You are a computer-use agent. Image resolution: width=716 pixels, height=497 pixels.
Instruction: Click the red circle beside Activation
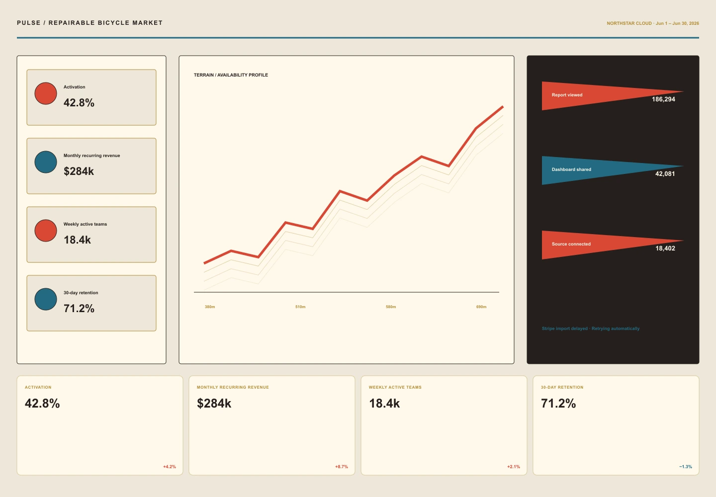pyautogui.click(x=46, y=93)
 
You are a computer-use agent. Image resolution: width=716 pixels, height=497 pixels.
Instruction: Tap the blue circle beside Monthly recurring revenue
pyautogui.click(x=46, y=162)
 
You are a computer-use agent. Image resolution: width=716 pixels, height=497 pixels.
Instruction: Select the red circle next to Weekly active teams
pyautogui.click(x=46, y=231)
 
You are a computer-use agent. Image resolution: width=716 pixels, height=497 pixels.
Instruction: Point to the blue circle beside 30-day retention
pyautogui.click(x=46, y=299)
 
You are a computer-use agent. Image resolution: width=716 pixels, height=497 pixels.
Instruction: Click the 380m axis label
pyautogui.click(x=210, y=307)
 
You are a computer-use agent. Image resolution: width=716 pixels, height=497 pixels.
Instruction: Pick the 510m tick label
pyautogui.click(x=300, y=307)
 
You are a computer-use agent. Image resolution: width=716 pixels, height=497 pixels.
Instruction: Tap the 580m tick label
pyautogui.click(x=391, y=307)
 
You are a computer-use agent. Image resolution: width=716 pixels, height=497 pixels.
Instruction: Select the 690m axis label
pyautogui.click(x=481, y=307)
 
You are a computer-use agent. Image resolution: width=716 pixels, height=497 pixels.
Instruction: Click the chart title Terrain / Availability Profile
pyautogui.click(x=231, y=75)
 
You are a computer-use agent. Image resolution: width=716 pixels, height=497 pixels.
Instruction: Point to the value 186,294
pyautogui.click(x=663, y=99)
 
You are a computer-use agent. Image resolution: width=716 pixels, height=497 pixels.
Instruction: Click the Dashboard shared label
pyautogui.click(x=571, y=169)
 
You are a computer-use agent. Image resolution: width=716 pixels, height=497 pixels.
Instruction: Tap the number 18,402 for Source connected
pyautogui.click(x=665, y=248)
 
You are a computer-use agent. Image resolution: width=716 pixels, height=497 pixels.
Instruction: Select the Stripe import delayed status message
pyautogui.click(x=591, y=329)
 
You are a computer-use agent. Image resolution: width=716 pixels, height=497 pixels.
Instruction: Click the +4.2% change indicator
pyautogui.click(x=170, y=467)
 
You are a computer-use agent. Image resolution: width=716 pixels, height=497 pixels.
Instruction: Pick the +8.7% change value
pyautogui.click(x=342, y=467)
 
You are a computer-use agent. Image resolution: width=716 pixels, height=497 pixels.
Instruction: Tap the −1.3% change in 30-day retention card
pyautogui.click(x=685, y=467)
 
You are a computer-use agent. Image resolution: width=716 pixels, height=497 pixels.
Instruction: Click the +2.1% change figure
pyautogui.click(x=513, y=467)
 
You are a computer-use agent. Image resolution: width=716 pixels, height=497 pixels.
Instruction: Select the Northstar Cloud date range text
pyautogui.click(x=653, y=23)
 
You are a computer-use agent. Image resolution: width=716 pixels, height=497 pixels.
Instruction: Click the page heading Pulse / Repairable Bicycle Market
pyautogui.click(x=90, y=23)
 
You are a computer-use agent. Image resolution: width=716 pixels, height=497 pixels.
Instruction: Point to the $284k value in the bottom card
pyautogui.click(x=214, y=404)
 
